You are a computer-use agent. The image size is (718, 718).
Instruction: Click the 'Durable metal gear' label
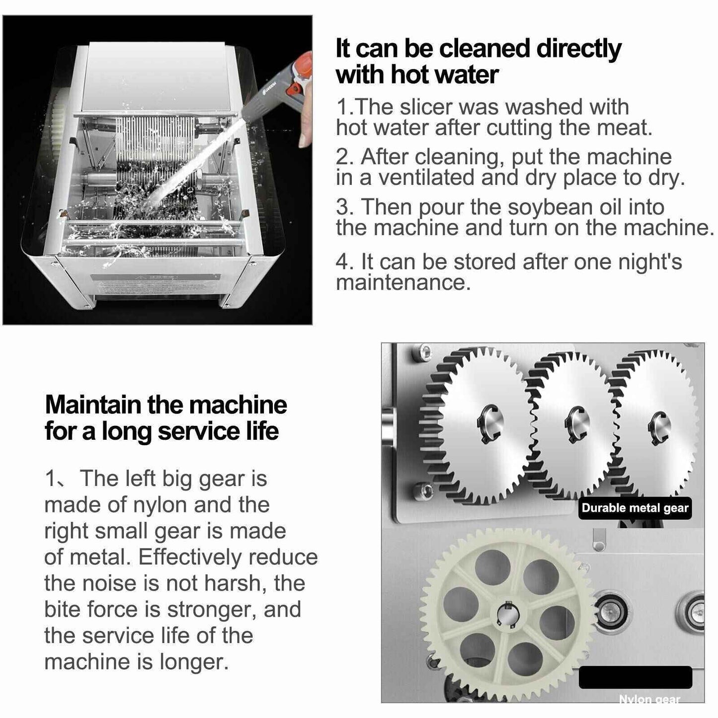(x=635, y=508)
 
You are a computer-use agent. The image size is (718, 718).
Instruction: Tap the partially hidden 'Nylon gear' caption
(x=649, y=699)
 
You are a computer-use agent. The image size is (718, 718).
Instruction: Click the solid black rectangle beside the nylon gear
(x=635, y=677)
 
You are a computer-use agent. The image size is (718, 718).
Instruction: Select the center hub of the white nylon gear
(x=508, y=615)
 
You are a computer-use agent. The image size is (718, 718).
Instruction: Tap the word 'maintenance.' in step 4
(x=402, y=283)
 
